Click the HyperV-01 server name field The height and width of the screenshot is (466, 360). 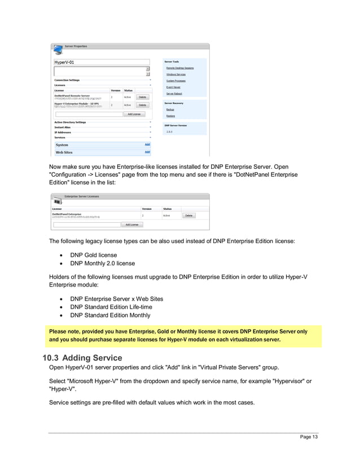coord(102,62)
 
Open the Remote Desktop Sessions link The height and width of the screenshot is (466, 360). coord(179,68)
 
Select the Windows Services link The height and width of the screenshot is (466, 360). coord(175,74)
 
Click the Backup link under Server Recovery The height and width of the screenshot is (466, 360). coord(170,109)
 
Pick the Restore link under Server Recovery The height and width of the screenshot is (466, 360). coord(170,116)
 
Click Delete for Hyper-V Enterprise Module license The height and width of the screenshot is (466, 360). coord(142,105)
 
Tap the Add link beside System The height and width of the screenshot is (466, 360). coord(147,145)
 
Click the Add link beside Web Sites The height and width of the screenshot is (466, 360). coord(147,152)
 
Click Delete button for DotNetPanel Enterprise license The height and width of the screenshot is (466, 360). coord(189,216)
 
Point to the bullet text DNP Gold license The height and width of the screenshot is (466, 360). coord(93,255)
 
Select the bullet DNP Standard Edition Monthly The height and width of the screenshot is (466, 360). coord(110,315)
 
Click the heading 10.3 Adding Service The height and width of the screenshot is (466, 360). coord(82,358)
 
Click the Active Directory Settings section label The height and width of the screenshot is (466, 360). coord(70,122)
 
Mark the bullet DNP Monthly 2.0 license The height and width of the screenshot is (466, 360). coord(102,263)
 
